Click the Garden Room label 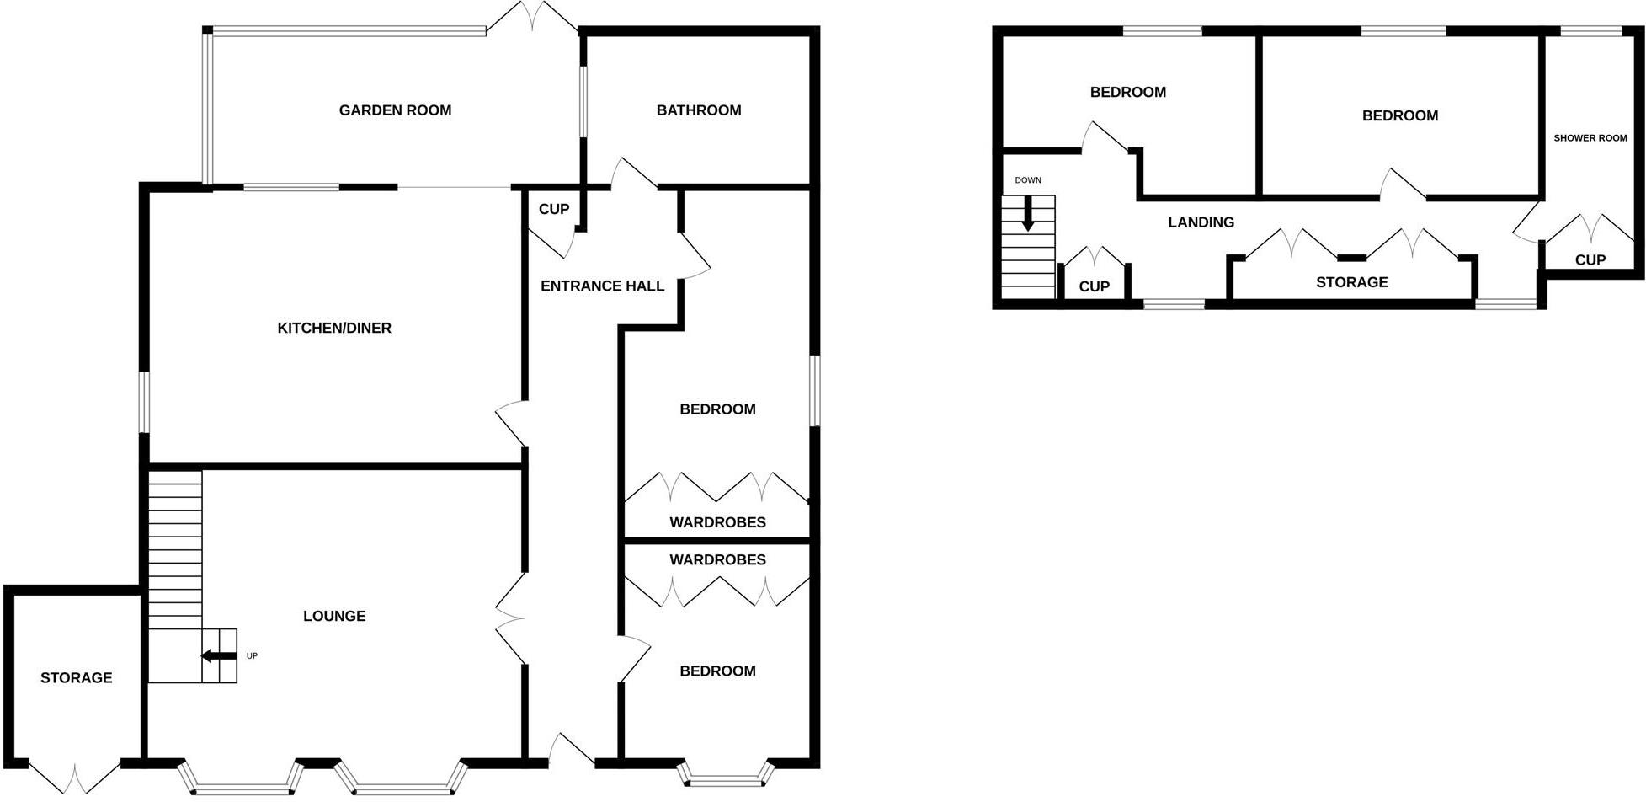(x=395, y=110)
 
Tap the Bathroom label (x=699, y=110)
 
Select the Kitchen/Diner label (x=334, y=328)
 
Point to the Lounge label (x=334, y=616)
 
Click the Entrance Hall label (x=602, y=286)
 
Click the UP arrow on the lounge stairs (x=218, y=656)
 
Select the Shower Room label (x=1590, y=138)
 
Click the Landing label (x=1201, y=222)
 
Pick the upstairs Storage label (x=1351, y=282)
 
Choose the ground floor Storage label (x=76, y=677)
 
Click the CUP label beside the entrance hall (x=553, y=209)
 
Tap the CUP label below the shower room (x=1590, y=260)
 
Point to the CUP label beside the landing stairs (x=1094, y=286)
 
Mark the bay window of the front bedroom (x=725, y=775)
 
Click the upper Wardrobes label (x=717, y=522)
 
